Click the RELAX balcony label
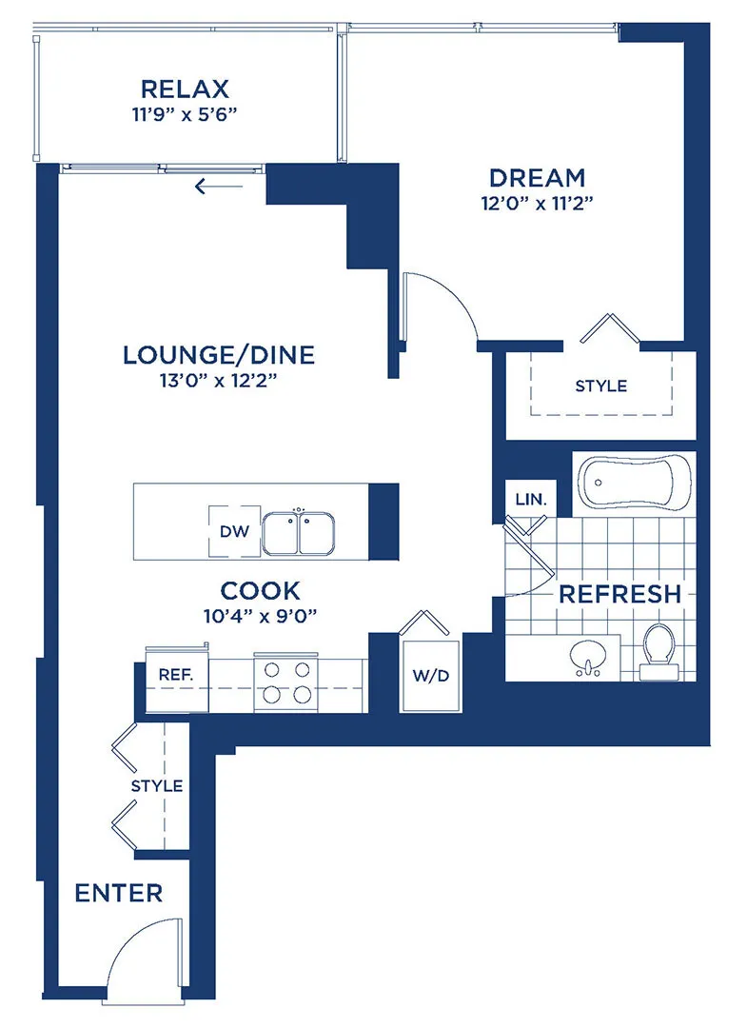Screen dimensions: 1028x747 pos(185,89)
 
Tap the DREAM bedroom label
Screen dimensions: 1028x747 pos(537,178)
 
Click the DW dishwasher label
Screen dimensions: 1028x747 pos(234,532)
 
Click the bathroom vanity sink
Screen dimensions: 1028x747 pos(587,656)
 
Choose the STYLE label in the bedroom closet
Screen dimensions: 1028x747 pos(601,385)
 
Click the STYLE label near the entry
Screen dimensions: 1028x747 pos(157,786)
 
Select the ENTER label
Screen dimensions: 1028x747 pos(119,894)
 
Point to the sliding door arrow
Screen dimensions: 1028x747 pos(213,187)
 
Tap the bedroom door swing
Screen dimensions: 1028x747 pos(442,305)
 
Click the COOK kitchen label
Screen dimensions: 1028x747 pos(261,589)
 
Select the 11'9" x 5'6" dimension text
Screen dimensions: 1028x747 pos(185,117)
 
